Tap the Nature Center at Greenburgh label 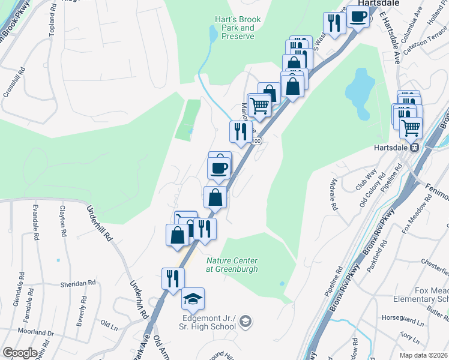click(232, 265)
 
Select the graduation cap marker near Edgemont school click(193, 298)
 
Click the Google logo click(19, 353)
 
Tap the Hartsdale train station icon click(414, 147)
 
